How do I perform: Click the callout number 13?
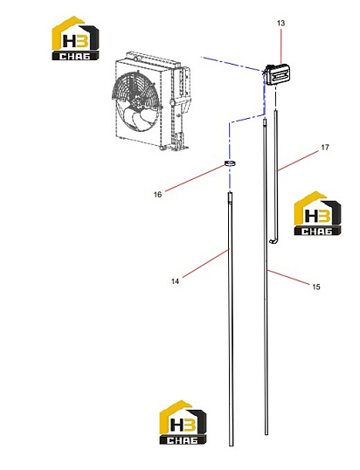280,23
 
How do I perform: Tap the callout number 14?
175,281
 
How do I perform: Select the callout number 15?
316,287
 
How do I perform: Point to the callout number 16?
157,195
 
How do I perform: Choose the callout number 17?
325,148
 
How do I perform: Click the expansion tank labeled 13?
277,74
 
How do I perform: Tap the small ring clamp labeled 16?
230,163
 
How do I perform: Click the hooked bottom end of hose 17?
273,240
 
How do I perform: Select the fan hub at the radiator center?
138,100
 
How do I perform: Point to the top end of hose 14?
230,194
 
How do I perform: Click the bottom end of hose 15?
267,433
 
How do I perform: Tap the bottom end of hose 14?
231,444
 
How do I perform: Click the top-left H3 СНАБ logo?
75,38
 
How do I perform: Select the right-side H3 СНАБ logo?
317,213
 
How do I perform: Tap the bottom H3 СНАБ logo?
183,422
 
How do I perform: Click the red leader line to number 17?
299,161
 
